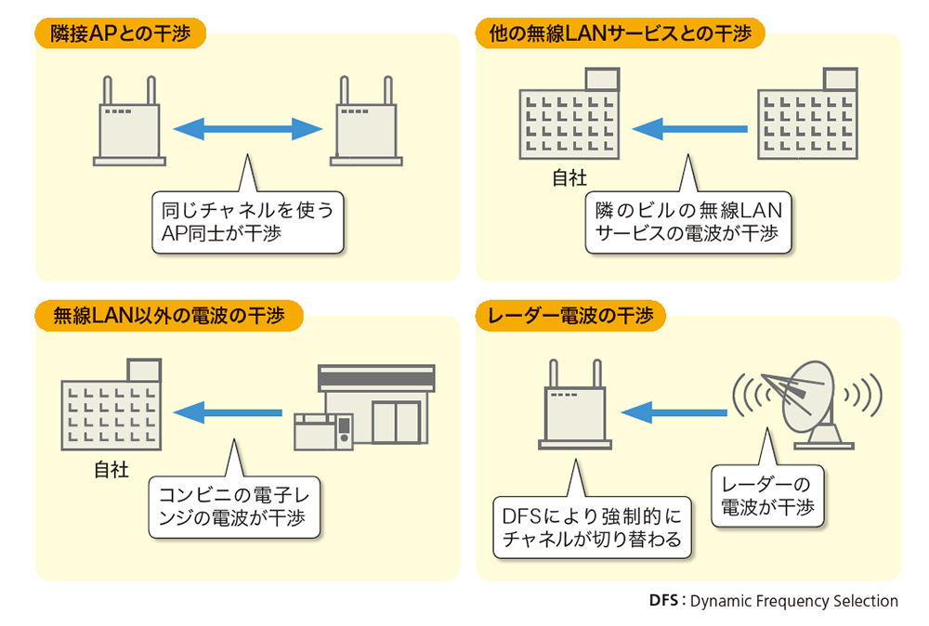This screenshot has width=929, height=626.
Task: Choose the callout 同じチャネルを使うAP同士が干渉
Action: pos(246,222)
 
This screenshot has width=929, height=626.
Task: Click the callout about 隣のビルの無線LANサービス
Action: pos(688,222)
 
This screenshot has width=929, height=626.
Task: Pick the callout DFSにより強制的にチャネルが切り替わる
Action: pos(592,526)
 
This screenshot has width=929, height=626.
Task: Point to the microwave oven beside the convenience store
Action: pos(323,433)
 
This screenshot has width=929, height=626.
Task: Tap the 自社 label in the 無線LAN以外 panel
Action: pos(111,469)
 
